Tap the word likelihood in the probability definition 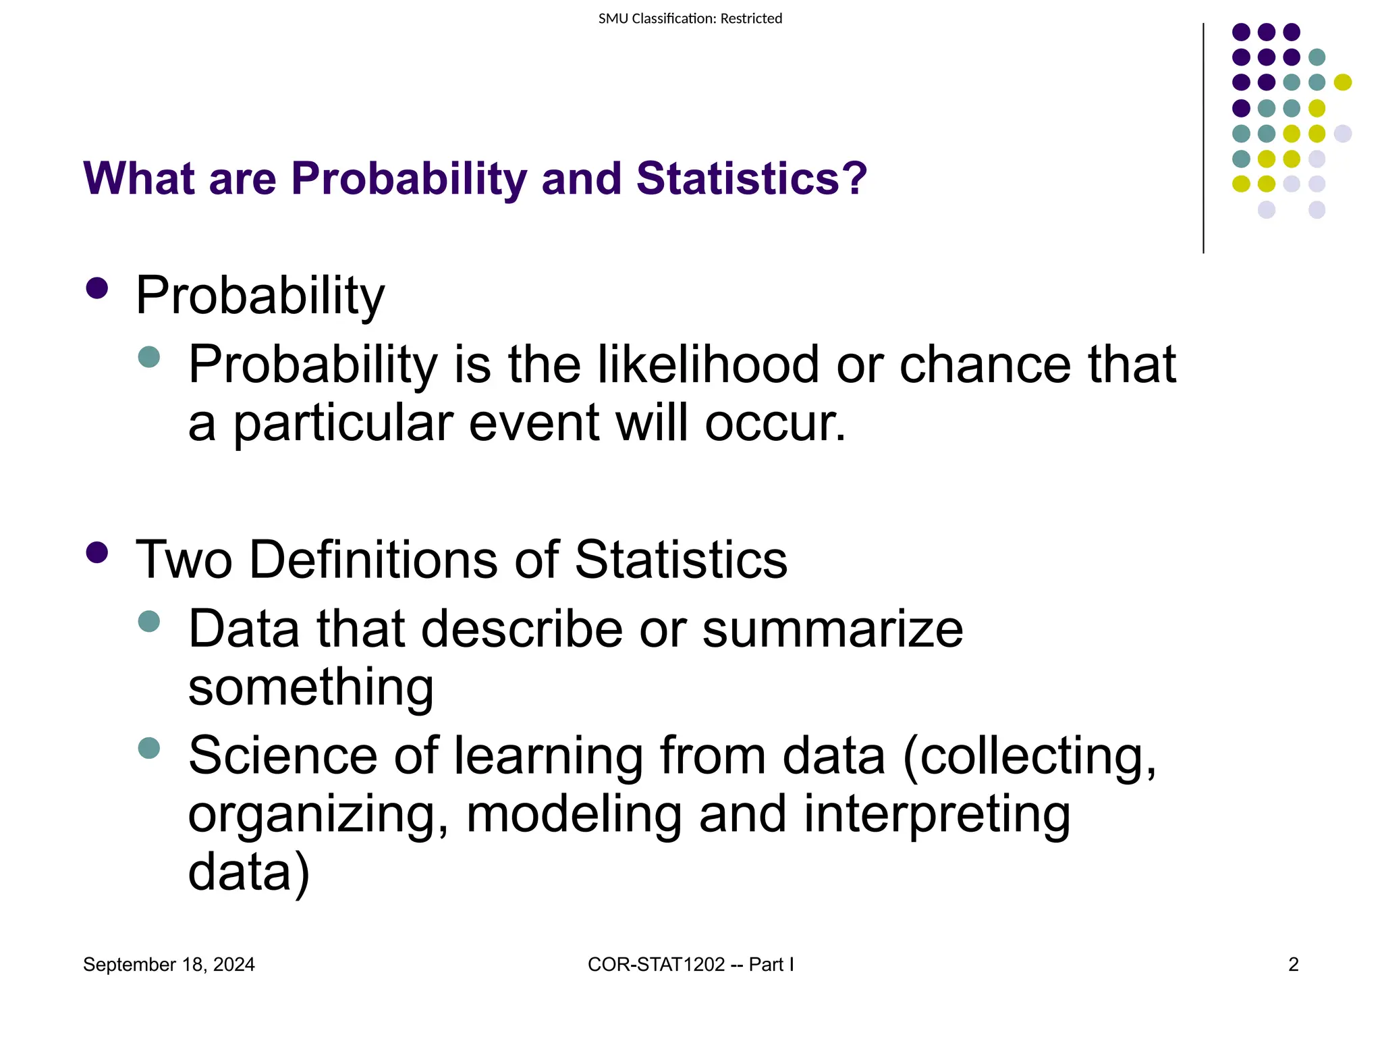coord(708,365)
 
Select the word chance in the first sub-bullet coord(985,365)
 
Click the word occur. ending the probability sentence coord(775,423)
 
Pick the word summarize coord(833,629)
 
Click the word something coord(310,687)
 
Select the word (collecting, coord(1030,756)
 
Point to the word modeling coord(574,814)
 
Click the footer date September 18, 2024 coord(169,965)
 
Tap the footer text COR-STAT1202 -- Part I coord(690,965)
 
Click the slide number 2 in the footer coord(1293,965)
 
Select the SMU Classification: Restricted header coord(690,19)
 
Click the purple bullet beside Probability coord(97,289)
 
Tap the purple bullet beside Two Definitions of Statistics coord(97,553)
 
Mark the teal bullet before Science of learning coord(148,748)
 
